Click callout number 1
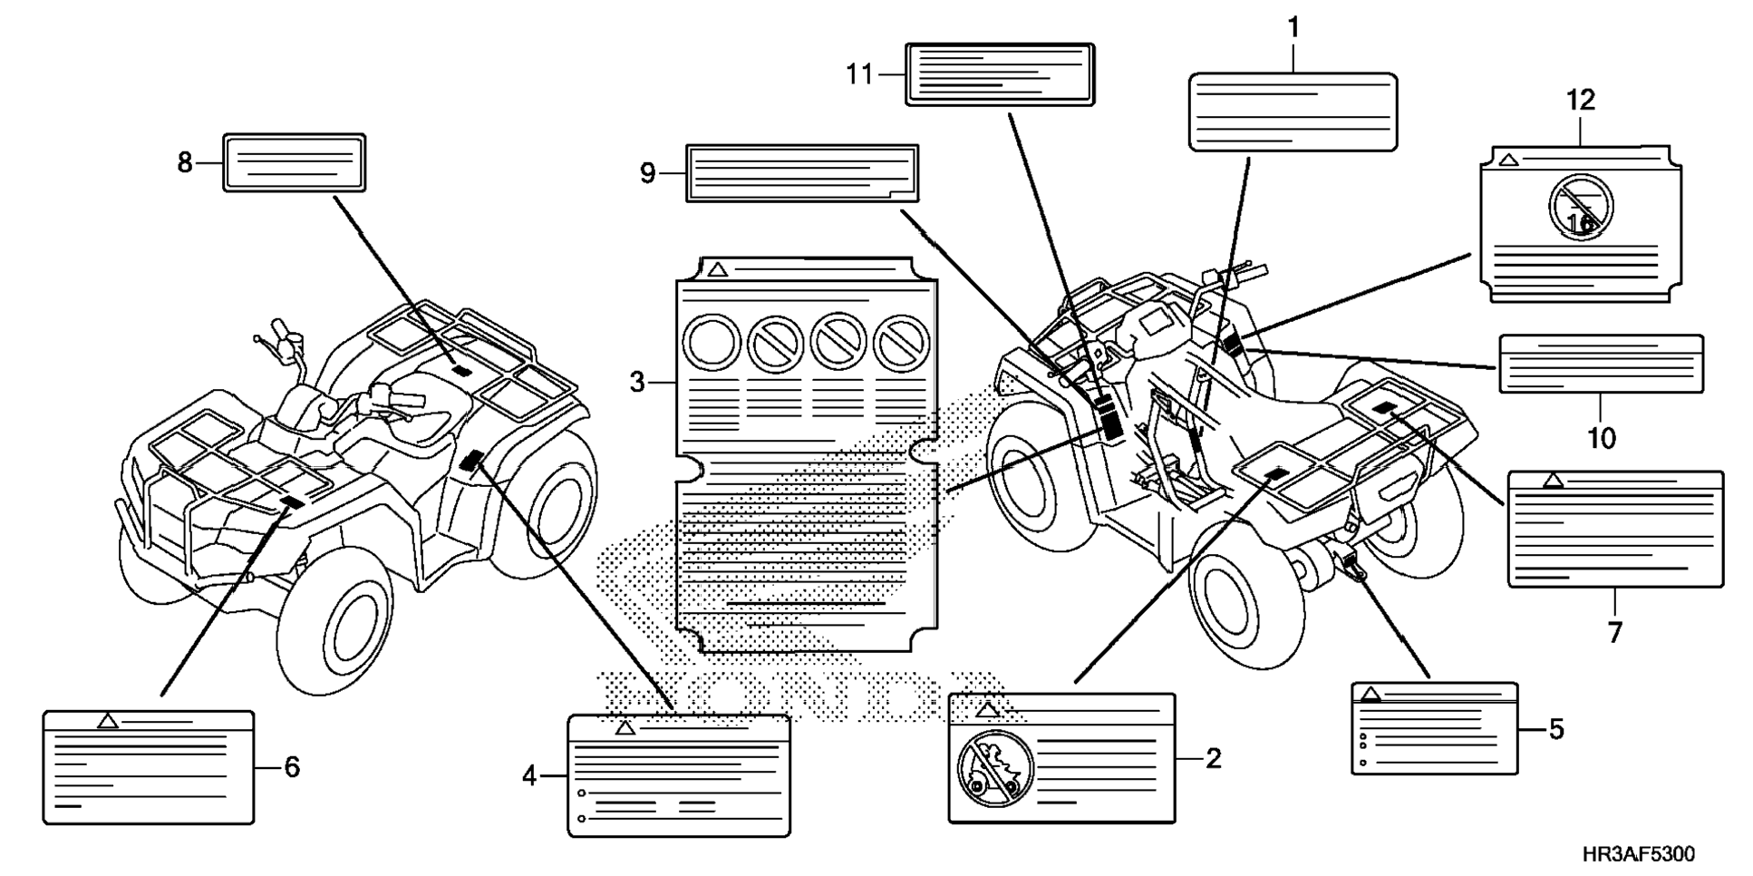pos(1293,29)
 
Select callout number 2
pos(1213,758)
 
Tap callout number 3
pos(638,383)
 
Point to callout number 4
pos(530,775)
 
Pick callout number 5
pos(1555,729)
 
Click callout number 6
pos(291,767)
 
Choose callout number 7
pos(1614,632)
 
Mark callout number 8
pos(185,163)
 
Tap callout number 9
pos(647,172)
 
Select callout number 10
pos(1601,439)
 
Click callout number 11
pos(859,74)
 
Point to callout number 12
pos(1580,100)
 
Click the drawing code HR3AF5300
pos(1638,854)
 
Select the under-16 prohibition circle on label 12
pos(1581,207)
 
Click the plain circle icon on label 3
pos(712,343)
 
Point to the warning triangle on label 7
pos(1553,480)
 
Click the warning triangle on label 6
pos(108,721)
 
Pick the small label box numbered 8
pos(295,163)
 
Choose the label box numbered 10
pos(1601,364)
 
